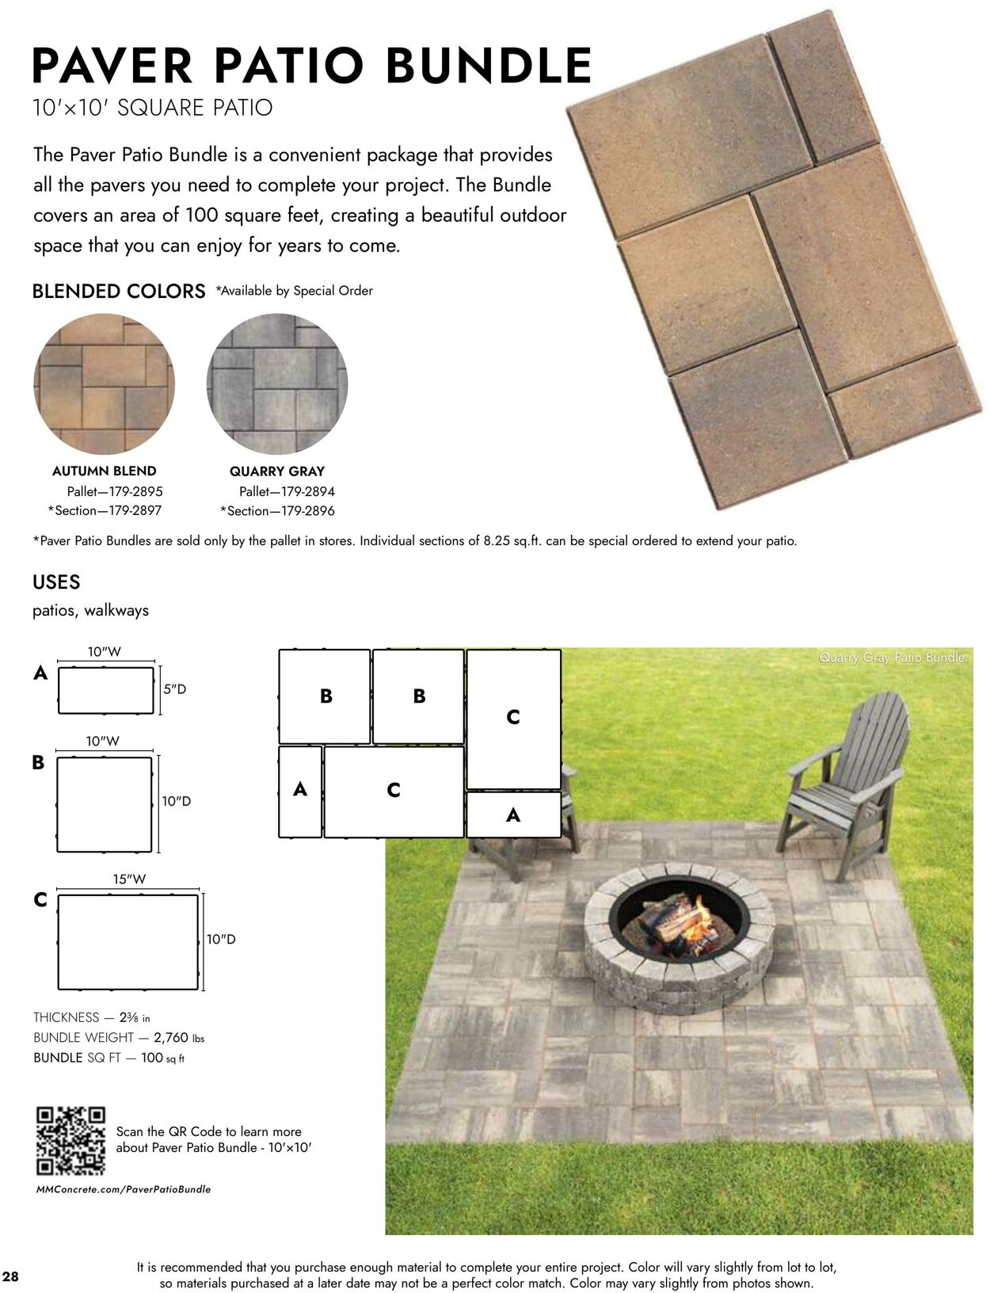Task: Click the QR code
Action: click(x=70, y=1141)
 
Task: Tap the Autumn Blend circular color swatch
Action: click(x=104, y=383)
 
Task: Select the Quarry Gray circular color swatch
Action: click(x=277, y=383)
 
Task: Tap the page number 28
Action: click(x=11, y=1276)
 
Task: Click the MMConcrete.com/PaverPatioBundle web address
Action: click(x=124, y=1189)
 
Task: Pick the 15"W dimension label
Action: click(x=129, y=879)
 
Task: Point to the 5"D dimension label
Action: click(x=174, y=689)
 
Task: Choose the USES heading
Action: click(x=56, y=582)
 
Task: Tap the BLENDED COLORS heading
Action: click(x=119, y=292)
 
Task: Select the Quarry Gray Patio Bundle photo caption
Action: click(x=893, y=658)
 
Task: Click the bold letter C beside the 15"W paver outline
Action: click(x=40, y=900)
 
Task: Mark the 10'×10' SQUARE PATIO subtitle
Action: click(x=153, y=108)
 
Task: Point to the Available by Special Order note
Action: click(x=294, y=291)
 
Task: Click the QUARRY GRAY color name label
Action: click(x=277, y=471)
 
